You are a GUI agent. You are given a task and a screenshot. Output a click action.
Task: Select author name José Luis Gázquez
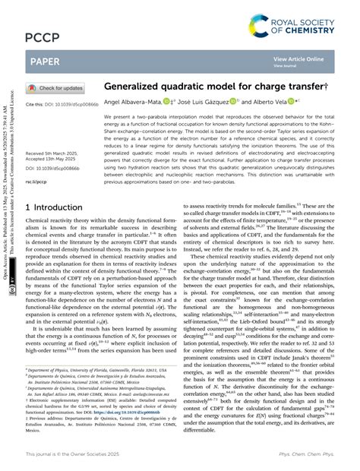click(x=219, y=102)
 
